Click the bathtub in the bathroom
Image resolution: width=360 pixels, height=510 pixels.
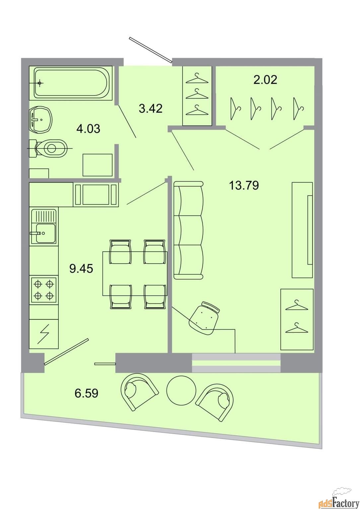[x=71, y=83]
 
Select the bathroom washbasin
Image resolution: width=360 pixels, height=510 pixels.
[x=40, y=120]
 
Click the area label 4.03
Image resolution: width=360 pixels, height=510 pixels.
[x=88, y=129]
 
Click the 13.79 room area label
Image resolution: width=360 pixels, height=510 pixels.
[x=244, y=185]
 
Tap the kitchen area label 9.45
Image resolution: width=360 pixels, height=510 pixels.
[x=81, y=269]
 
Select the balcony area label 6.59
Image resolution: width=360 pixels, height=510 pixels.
[x=87, y=393]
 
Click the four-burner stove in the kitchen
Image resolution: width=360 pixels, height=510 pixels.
[x=44, y=290]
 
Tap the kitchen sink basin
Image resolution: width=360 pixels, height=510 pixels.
[x=45, y=233]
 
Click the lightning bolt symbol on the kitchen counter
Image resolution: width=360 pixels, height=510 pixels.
[x=43, y=334]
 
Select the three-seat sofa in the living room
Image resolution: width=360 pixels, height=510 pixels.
[x=188, y=230]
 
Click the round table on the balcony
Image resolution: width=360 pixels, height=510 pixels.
[x=181, y=389]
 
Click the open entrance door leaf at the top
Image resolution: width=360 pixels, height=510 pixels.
[x=150, y=49]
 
